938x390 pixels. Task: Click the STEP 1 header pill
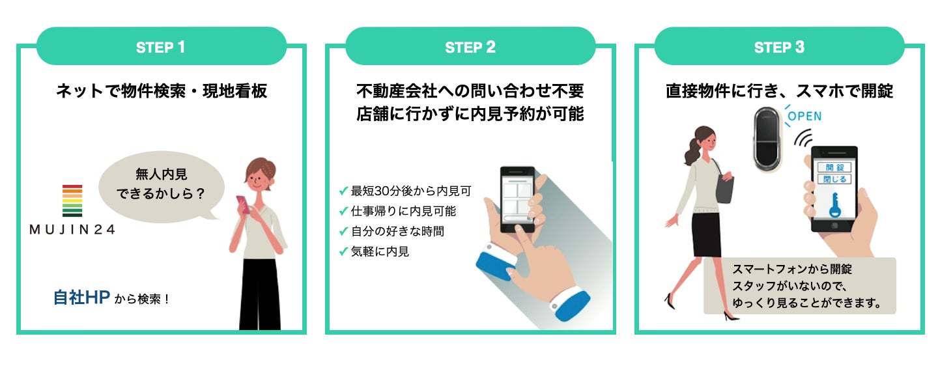pos(162,46)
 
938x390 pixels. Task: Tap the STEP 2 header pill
pos(470,46)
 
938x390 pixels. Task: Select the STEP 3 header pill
pos(779,46)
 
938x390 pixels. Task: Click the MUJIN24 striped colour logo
pos(72,201)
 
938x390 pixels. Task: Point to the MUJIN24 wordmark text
pos(72,229)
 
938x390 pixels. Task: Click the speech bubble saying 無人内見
pos(162,186)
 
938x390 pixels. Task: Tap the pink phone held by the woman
pos(243,204)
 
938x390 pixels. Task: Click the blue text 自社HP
pos(81,297)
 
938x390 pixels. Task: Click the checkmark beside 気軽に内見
pos(343,251)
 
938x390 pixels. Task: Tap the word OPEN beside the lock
pos(804,116)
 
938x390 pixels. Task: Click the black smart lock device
pos(767,139)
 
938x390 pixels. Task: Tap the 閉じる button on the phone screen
pos(834,179)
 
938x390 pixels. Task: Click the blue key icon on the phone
pos(834,205)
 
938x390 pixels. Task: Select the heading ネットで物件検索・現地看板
pos(162,91)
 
